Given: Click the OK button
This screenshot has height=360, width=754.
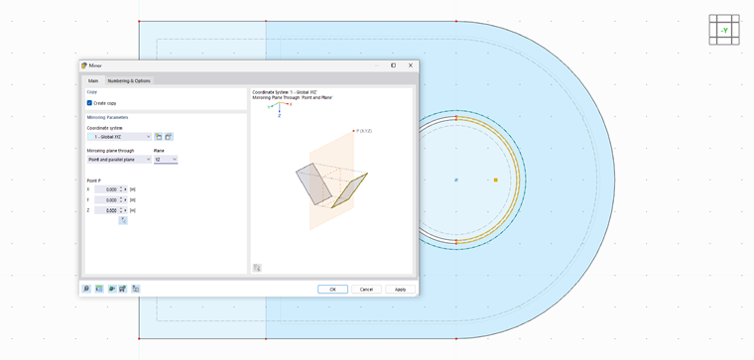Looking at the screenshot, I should [x=332, y=289].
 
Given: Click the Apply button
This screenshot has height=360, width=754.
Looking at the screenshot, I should [x=400, y=289].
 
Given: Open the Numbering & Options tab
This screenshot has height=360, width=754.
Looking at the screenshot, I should [x=129, y=80].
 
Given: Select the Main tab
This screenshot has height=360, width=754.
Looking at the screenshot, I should [x=93, y=80].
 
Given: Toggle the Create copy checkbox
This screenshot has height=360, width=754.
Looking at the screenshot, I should [x=89, y=103].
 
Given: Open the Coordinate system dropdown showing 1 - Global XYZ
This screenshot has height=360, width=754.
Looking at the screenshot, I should [x=119, y=136].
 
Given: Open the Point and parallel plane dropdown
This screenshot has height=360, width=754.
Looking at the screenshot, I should [x=119, y=159].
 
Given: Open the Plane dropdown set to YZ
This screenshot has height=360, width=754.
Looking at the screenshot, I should [x=165, y=159].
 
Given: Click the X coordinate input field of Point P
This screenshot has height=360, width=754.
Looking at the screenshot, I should [x=107, y=189].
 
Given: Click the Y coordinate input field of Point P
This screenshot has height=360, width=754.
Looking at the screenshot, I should [x=107, y=200].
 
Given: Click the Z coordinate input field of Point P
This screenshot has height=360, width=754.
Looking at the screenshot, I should [x=107, y=210].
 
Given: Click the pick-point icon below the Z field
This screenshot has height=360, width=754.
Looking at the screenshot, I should [x=123, y=220].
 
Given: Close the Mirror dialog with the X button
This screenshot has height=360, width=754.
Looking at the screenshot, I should [x=411, y=65].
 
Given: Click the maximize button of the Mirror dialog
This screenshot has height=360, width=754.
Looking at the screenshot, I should [x=393, y=65].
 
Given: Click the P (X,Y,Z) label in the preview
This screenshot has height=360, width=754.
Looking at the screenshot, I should [x=363, y=131].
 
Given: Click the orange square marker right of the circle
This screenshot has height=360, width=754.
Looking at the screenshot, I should [x=495, y=180].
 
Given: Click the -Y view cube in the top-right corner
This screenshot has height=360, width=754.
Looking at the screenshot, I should [x=724, y=30].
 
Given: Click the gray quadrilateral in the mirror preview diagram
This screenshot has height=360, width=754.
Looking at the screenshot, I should [x=314, y=183].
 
